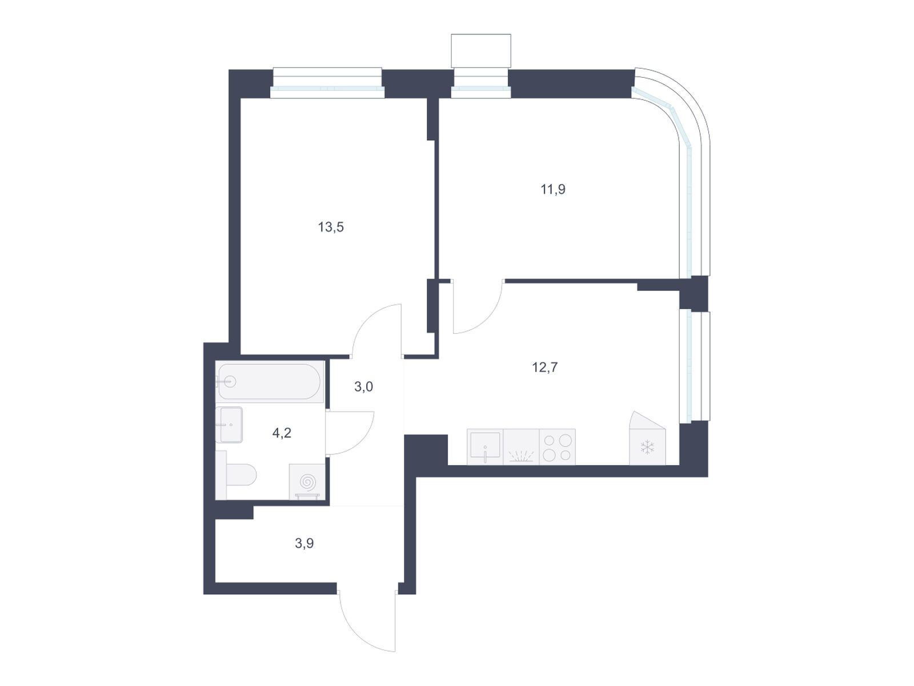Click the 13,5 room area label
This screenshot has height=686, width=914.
[331, 228]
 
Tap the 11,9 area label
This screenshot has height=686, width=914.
[553, 190]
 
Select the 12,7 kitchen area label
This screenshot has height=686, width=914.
[545, 368]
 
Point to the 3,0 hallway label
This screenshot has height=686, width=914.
[363, 387]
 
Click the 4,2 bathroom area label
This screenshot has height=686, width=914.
[282, 433]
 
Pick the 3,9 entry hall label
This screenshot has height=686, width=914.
[304, 543]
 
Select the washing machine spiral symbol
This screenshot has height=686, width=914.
[308, 482]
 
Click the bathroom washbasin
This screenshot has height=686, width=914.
[229, 425]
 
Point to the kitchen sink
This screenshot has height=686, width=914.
[485, 446]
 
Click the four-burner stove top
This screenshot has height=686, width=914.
[557, 446]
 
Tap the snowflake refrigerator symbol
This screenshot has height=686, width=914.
[647, 448]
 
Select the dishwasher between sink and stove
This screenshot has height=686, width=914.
[522, 446]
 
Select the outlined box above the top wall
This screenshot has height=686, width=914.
[481, 51]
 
